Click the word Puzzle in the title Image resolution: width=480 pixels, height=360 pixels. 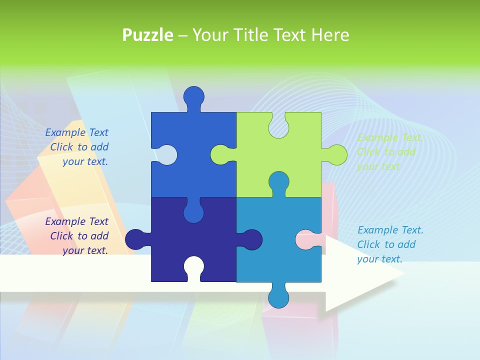click(148, 35)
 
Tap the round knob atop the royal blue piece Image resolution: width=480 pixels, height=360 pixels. click(194, 96)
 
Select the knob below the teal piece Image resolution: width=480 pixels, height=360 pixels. click(278, 297)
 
